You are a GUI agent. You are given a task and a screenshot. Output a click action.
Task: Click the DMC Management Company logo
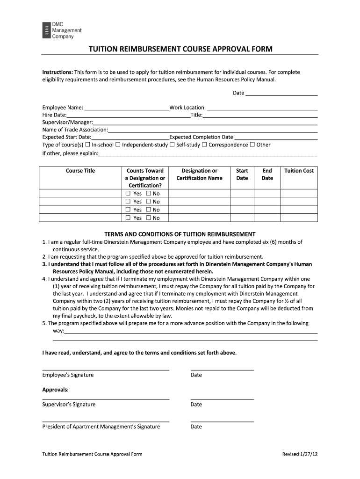(x=62, y=30)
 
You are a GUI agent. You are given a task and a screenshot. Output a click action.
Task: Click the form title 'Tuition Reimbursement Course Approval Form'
(x=180, y=49)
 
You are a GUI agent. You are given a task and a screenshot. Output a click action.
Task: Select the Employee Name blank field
(x=126, y=108)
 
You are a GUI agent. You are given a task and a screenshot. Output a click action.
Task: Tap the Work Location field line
(x=262, y=108)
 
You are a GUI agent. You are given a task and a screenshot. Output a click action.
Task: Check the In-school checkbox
(x=87, y=145)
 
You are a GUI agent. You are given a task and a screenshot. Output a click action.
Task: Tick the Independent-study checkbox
(x=118, y=145)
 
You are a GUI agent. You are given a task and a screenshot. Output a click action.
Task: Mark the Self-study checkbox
(x=172, y=145)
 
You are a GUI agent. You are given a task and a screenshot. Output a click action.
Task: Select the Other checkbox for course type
(x=252, y=145)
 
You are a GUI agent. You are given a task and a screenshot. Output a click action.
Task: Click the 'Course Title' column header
(x=80, y=171)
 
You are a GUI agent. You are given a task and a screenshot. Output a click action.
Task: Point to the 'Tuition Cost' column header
(x=299, y=171)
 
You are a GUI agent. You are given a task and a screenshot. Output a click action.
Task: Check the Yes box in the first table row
(x=128, y=193)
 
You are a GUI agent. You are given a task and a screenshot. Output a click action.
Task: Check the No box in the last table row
(x=148, y=218)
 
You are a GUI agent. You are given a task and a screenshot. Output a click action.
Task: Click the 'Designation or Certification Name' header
(x=199, y=174)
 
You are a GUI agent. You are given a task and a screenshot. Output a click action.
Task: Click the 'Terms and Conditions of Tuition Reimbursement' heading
(x=180, y=234)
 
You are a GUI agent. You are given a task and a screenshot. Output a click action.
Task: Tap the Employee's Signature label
(x=68, y=375)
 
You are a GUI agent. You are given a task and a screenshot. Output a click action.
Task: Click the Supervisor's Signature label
(x=69, y=405)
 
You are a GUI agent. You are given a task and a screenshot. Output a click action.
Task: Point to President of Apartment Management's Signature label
(x=101, y=427)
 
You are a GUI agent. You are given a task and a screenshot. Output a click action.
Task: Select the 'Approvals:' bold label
(x=56, y=390)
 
